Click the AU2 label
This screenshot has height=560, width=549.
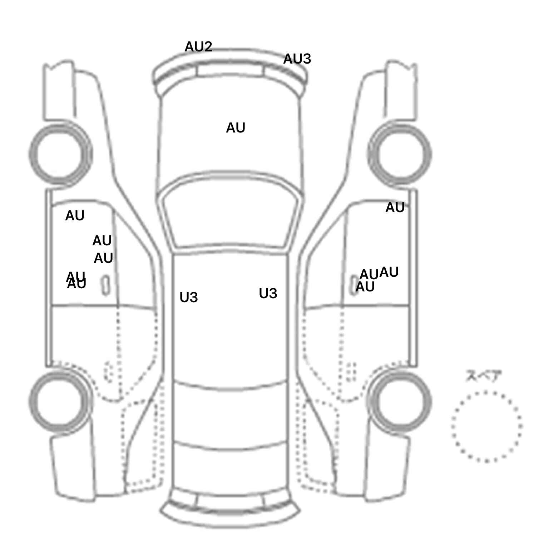[198, 47]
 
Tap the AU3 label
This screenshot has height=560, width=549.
[297, 59]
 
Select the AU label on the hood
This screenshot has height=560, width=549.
[236, 128]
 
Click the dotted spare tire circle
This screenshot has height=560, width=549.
[486, 426]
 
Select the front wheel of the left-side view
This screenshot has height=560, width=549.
[60, 154]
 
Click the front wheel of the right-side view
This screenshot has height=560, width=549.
[400, 154]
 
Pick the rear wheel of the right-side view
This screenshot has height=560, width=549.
[400, 401]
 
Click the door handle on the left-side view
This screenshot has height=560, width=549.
[105, 285]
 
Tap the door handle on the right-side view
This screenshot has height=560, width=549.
[353, 285]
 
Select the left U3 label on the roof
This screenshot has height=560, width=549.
[189, 297]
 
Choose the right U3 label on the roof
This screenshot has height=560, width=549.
[268, 294]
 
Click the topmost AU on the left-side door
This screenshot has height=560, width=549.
[75, 216]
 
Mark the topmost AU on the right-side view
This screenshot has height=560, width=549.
[395, 207]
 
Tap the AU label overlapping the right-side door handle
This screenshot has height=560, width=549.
[365, 287]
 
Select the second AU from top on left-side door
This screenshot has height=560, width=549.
[102, 241]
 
